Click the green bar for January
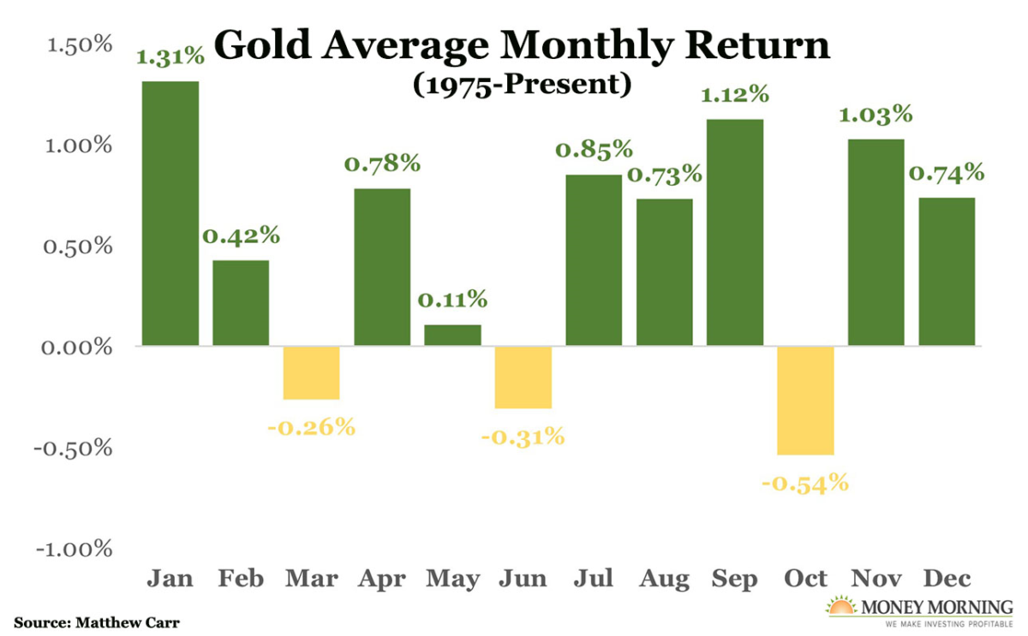coord(170,214)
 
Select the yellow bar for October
coord(805,401)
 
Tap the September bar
coord(735,233)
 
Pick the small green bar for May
coord(452,336)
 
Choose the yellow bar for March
coord(311,373)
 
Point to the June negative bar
coord(523,377)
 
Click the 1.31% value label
coord(170,57)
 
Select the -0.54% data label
coord(805,483)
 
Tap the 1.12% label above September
coord(735,96)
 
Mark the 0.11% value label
coord(452,300)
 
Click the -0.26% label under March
coord(311,426)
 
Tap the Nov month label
coord(876,580)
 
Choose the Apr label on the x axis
coord(382,580)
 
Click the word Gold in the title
coord(261,45)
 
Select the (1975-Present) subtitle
coord(522,85)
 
